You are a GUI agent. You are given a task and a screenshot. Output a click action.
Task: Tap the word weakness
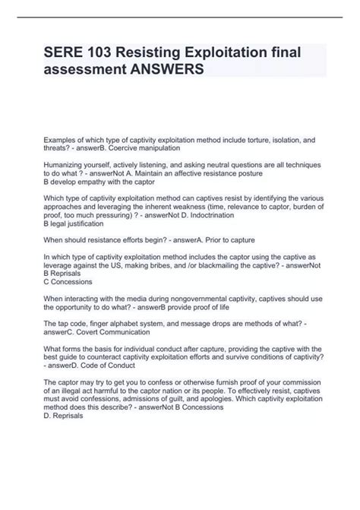tap(188, 206)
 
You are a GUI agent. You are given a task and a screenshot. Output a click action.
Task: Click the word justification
tap(84, 224)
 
